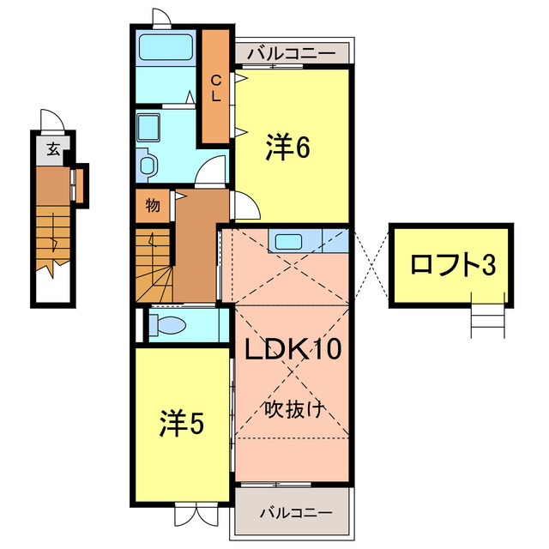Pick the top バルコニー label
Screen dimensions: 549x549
pyautogui.click(x=291, y=53)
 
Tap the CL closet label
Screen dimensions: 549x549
pyautogui.click(x=216, y=88)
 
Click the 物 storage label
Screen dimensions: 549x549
pyautogui.click(x=152, y=206)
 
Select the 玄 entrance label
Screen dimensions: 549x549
pyautogui.click(x=53, y=149)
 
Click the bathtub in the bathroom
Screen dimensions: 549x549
pyautogui.click(x=166, y=47)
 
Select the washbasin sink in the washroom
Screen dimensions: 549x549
pyautogui.click(x=150, y=128)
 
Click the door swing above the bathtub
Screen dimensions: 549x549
pyautogui.click(x=160, y=18)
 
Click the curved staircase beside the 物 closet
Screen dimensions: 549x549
pyautogui.click(x=154, y=262)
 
